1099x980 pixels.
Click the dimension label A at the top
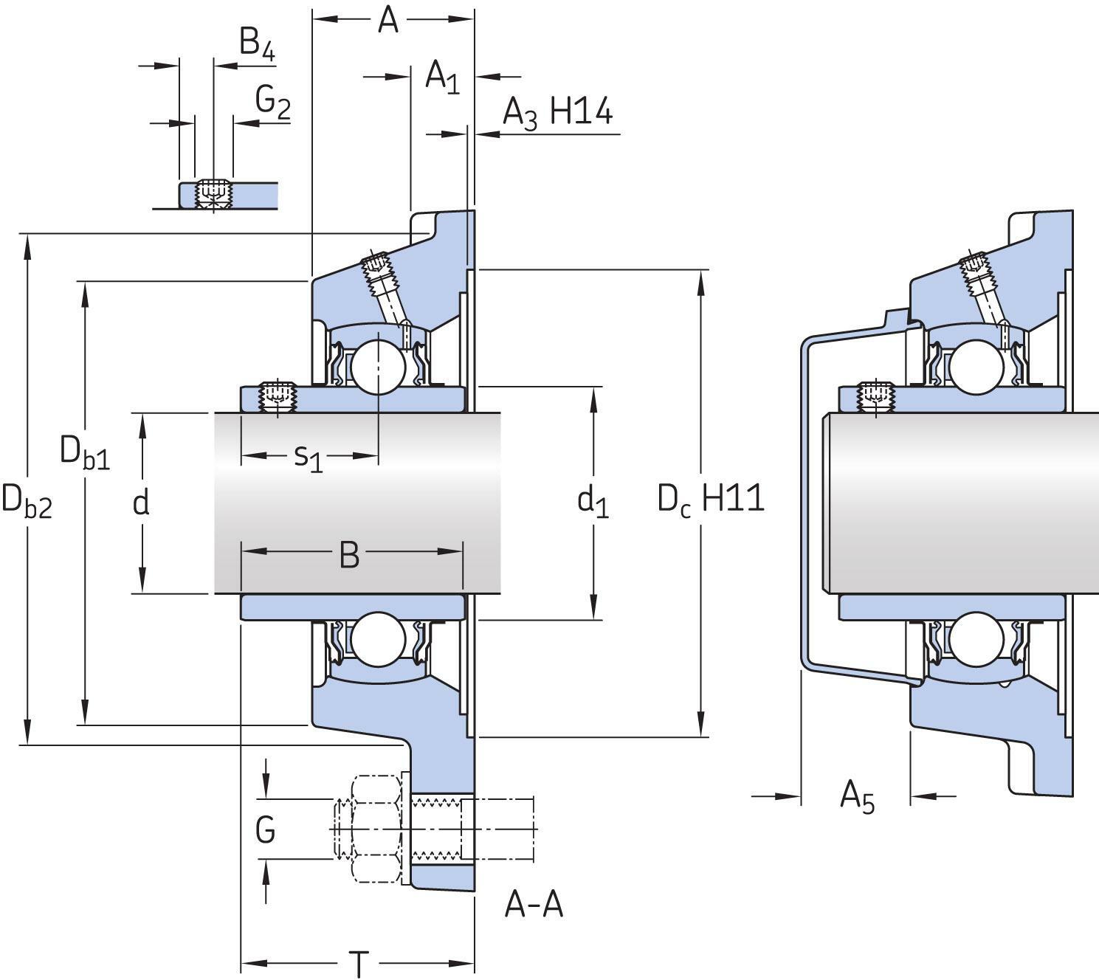[x=387, y=20]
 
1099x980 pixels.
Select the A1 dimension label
[x=442, y=77]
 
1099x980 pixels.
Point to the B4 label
[x=257, y=44]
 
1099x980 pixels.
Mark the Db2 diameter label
[x=27, y=501]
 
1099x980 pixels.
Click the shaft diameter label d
[x=141, y=503]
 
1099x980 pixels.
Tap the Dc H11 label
[x=710, y=500]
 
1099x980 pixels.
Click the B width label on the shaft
[x=349, y=554]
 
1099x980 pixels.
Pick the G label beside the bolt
[x=265, y=831]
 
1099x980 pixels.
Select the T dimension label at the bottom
[x=358, y=964]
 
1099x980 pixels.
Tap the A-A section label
[x=534, y=905]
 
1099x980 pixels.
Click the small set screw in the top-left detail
[x=213, y=193]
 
